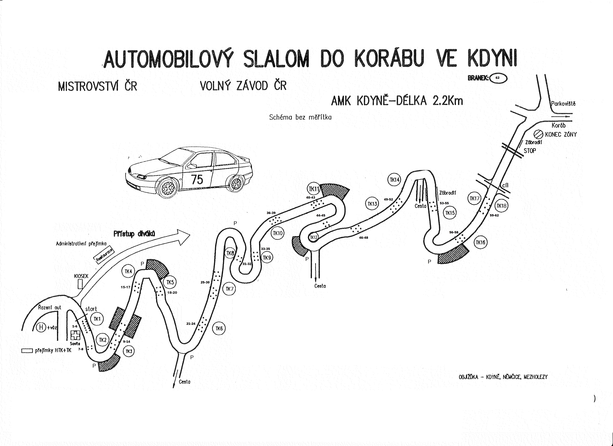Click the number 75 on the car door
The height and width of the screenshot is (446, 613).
coord(197,180)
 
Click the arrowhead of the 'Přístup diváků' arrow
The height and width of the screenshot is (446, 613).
coord(184,237)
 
